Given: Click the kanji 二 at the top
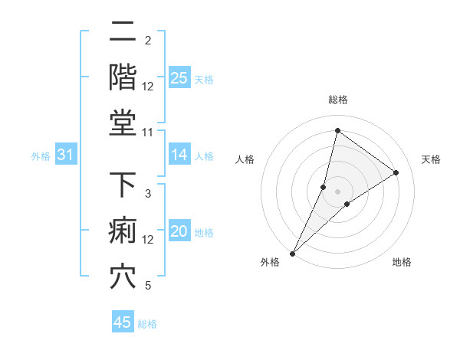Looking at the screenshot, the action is tap(123, 33).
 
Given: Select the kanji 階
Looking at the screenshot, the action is tap(123, 77).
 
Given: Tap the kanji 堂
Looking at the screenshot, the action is tap(123, 122).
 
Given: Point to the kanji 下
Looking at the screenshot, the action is tap(123, 186).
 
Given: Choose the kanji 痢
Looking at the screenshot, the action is tap(123, 231).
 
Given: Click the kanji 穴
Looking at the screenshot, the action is tap(123, 277).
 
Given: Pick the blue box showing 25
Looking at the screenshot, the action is tap(179, 77).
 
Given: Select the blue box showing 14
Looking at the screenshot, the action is tap(179, 155).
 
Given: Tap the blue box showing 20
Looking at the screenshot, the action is tap(179, 231).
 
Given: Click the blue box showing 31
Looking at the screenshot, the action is tap(65, 155).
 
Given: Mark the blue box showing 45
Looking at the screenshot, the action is tap(123, 322).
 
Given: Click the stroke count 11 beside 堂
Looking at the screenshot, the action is tap(148, 133).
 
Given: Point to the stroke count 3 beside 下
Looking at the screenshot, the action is tap(148, 193).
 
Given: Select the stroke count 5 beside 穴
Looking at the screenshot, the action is tap(148, 286).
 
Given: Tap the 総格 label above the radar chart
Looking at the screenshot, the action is tap(337, 100).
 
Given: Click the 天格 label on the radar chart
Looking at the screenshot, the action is tap(431, 159).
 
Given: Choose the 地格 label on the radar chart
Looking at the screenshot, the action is tap(402, 262).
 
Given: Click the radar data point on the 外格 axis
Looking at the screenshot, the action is tap(292, 253).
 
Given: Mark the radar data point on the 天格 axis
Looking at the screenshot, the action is tap(396, 172).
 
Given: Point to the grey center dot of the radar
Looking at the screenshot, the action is tap(337, 191).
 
